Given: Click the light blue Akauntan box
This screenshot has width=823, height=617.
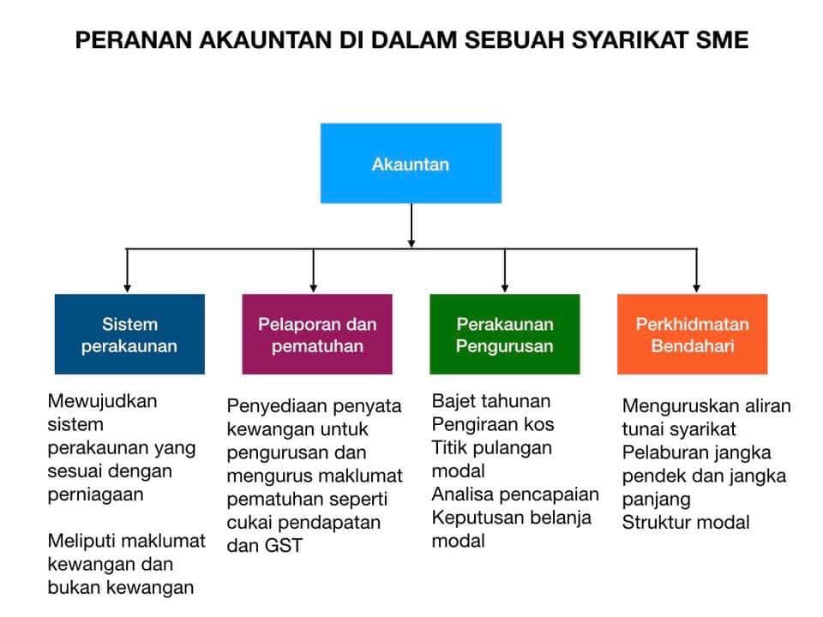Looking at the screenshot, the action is pos(411,163).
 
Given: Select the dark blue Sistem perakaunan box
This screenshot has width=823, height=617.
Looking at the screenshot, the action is pos(129,334).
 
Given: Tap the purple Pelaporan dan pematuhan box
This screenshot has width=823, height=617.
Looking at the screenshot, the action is pos(317,334).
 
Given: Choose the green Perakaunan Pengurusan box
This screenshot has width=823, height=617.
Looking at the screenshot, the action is pos(505,334).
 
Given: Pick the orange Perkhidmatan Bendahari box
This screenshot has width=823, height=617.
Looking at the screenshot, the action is pos(693,334).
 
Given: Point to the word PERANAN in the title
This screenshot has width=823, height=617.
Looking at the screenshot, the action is pos(134,40).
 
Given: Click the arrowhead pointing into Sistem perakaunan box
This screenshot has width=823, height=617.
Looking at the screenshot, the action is pos(127,288).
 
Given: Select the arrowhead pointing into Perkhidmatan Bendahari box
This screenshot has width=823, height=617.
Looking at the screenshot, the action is pos(696,288).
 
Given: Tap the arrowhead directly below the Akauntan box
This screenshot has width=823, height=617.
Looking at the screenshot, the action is pos(411,243).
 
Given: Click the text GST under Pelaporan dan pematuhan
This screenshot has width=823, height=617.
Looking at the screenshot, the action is pos(284,546).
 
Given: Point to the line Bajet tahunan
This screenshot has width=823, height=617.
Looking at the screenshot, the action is pos(491,401).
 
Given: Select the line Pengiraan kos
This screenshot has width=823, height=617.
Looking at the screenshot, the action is pos(493,424).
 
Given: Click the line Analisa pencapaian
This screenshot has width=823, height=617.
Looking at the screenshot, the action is pos(515,494).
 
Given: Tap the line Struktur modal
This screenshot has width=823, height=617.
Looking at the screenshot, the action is pos(686,522).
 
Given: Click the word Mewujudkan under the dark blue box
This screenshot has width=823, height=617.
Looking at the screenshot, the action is pos(102,401).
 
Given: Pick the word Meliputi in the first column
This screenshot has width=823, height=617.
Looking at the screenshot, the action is pos(80,541).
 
